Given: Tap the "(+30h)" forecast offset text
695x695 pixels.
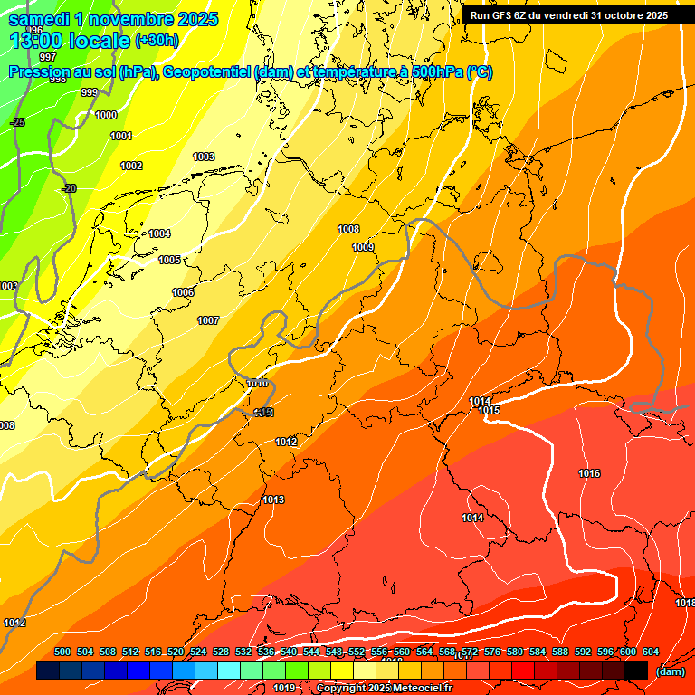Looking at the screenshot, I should [x=157, y=40].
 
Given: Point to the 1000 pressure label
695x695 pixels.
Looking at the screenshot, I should [x=106, y=115].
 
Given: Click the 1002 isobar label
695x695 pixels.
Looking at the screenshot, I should [x=131, y=166].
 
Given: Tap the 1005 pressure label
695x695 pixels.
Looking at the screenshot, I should [x=169, y=260].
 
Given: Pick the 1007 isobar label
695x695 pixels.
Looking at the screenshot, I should [x=208, y=320].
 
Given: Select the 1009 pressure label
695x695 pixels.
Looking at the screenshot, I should [x=363, y=247].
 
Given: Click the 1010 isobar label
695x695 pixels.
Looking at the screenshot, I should [x=257, y=384].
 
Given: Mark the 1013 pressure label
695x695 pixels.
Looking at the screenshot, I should [x=273, y=500].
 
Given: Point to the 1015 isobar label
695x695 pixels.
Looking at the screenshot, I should [x=490, y=410].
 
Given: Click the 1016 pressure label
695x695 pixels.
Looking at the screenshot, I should [x=589, y=473].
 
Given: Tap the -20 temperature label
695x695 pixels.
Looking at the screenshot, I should [x=69, y=188].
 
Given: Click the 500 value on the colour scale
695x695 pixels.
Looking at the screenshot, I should [x=62, y=652].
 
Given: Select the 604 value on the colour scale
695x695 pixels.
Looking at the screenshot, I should [x=650, y=652].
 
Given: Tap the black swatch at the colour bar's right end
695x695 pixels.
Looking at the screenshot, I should [x=636, y=670].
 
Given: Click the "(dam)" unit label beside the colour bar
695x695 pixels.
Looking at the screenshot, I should [x=670, y=671].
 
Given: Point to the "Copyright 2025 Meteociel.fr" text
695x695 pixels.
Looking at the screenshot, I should [x=383, y=688].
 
